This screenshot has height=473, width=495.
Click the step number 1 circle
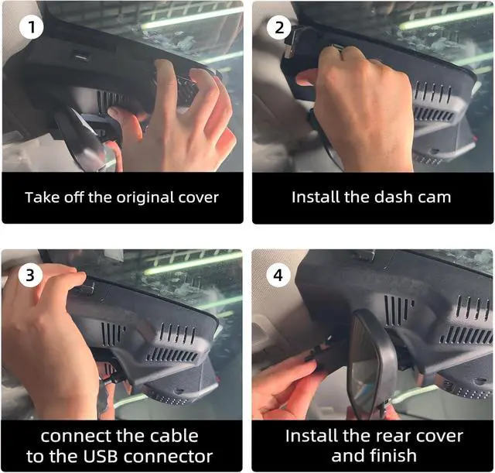pyautogui.click(x=31, y=27)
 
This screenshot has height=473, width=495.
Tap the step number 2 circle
pyautogui.click(x=279, y=28)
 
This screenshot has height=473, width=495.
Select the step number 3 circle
pyautogui.click(x=30, y=275)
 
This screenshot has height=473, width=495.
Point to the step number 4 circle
pyautogui.click(x=278, y=275)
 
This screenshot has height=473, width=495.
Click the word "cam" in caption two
pyautogui.click(x=435, y=197)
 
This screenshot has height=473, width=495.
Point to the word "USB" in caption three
pyautogui.click(x=100, y=456)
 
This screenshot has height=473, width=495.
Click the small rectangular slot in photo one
pyautogui.click(x=82, y=57)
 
